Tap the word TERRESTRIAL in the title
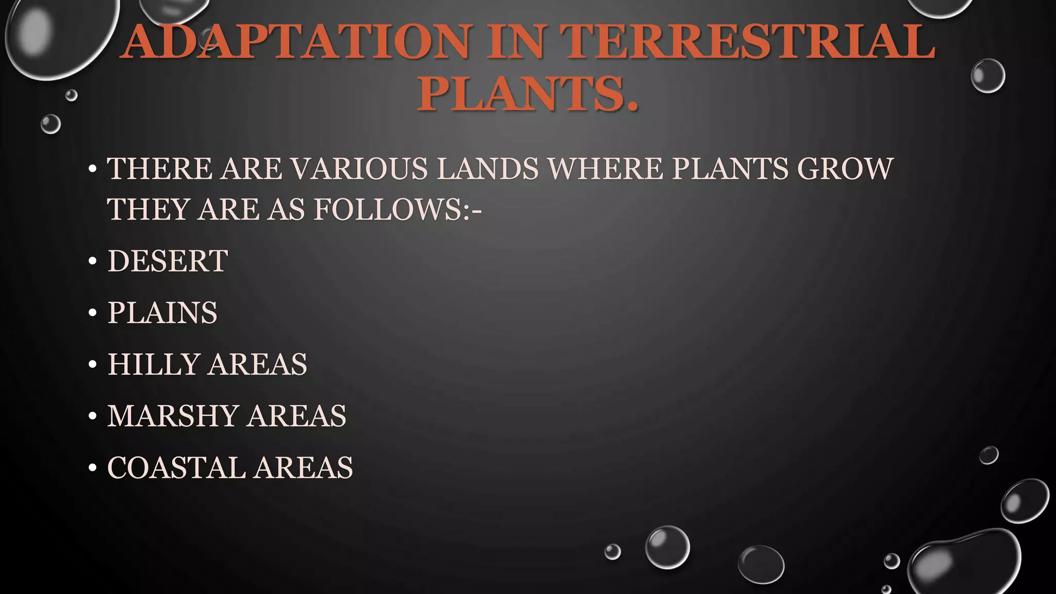(747, 42)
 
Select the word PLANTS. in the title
(527, 93)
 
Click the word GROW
(845, 169)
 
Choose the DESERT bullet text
(168, 261)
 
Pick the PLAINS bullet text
(162, 312)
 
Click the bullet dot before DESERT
(93, 261)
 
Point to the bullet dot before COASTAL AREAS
(93, 468)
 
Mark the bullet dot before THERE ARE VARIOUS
(93, 169)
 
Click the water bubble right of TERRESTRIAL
(987, 76)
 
